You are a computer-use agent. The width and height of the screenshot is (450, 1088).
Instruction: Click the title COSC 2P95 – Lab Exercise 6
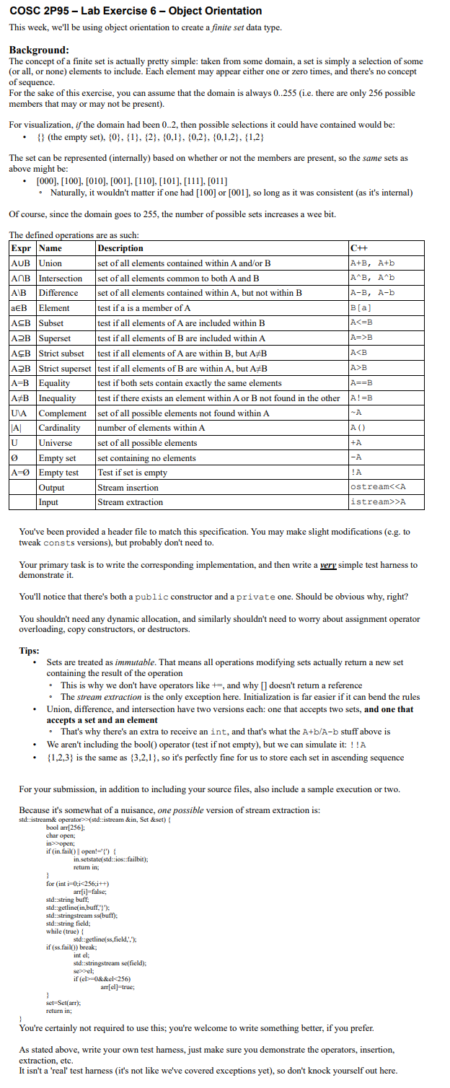(x=135, y=11)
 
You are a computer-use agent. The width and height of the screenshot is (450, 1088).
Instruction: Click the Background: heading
(x=39, y=50)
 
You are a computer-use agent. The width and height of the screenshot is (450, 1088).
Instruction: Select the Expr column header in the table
(x=22, y=248)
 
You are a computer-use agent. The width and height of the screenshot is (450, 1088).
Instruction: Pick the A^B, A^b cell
(x=372, y=278)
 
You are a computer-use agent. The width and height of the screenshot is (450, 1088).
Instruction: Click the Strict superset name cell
(x=65, y=368)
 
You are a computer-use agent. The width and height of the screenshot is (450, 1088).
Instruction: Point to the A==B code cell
(x=362, y=383)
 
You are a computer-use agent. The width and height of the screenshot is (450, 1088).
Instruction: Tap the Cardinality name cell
(x=61, y=428)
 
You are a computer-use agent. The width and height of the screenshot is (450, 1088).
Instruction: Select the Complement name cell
(x=63, y=413)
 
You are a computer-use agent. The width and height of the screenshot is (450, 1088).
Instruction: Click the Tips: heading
(x=29, y=650)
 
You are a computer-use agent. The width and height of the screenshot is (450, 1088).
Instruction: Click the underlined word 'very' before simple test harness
(x=329, y=565)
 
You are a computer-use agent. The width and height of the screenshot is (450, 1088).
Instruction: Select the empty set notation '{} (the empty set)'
(x=69, y=137)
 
